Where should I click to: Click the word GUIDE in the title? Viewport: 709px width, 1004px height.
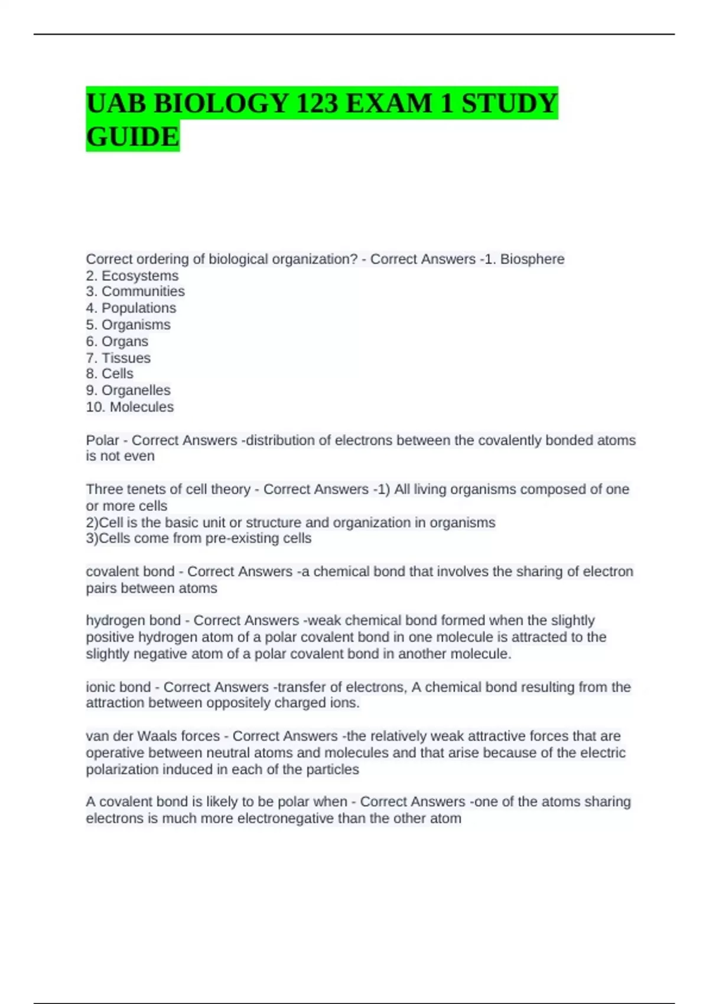click(x=132, y=136)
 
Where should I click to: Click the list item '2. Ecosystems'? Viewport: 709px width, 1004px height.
click(x=132, y=275)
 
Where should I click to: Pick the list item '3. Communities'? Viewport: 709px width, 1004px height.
click(x=135, y=291)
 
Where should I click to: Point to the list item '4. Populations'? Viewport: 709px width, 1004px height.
click(x=131, y=308)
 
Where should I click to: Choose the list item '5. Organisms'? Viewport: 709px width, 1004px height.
click(x=128, y=324)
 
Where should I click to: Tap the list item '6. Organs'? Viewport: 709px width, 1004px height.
click(x=117, y=341)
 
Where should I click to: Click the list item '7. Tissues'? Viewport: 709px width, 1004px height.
click(x=118, y=358)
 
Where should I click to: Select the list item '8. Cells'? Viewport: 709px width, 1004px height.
click(x=109, y=373)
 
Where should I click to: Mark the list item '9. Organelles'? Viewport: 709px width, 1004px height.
click(x=128, y=390)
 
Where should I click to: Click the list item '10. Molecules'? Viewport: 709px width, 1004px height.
click(x=130, y=407)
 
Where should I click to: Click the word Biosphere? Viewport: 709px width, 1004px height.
click(x=532, y=259)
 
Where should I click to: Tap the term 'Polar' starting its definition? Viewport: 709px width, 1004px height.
click(x=102, y=440)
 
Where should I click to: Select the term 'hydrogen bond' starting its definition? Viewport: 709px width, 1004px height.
click(x=133, y=620)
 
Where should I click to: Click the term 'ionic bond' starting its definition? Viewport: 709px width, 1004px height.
click(x=118, y=687)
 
